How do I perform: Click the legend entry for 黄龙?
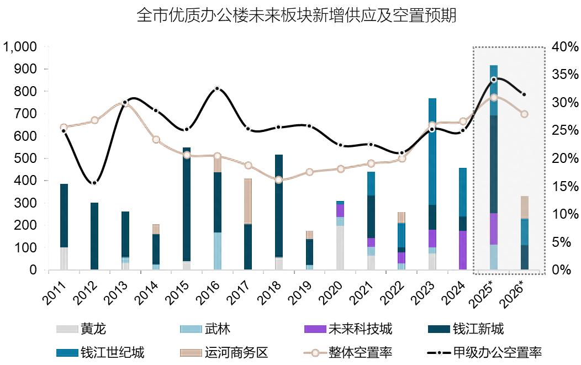[81, 330]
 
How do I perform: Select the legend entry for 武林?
[205, 330]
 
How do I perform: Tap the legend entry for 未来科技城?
[348, 330]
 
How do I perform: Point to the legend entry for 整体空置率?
[348, 352]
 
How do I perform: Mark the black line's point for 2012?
[94, 183]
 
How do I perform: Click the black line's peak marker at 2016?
[217, 88]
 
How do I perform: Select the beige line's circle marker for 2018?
[278, 179]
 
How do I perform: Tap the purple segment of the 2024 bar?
[463, 250]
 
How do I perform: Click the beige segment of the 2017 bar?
[248, 201]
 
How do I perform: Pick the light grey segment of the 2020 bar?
[340, 247]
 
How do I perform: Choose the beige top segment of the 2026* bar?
[524, 207]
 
